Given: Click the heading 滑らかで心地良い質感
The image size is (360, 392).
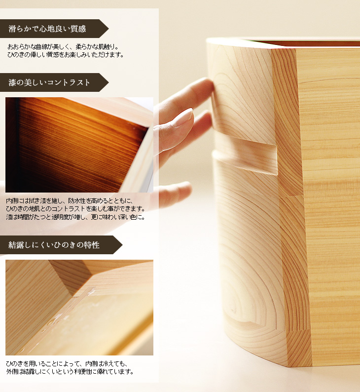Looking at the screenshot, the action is coord(47,29).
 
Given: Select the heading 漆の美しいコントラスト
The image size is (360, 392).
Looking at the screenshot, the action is coord(49,82).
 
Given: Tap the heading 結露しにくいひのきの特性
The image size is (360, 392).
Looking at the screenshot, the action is coord(54,245).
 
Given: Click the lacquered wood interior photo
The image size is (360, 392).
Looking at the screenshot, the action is coord(79,145).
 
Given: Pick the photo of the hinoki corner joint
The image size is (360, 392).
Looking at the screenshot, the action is coord(79,307).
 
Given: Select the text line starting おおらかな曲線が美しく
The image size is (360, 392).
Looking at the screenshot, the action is coord(63,47).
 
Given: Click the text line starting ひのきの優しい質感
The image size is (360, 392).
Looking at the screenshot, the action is coord(66,54).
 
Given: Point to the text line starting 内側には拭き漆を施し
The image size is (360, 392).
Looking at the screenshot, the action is coord(70,201).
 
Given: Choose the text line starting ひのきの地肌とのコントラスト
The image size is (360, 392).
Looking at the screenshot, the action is coord(75,208).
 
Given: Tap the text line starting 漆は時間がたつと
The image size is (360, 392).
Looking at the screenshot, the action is coord(75,217).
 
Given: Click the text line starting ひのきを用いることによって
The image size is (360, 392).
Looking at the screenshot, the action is coord(67,364).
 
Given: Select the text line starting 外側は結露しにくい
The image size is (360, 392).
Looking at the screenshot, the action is coord(70,371).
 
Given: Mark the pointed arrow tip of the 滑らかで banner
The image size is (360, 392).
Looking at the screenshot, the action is coord(108,29).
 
